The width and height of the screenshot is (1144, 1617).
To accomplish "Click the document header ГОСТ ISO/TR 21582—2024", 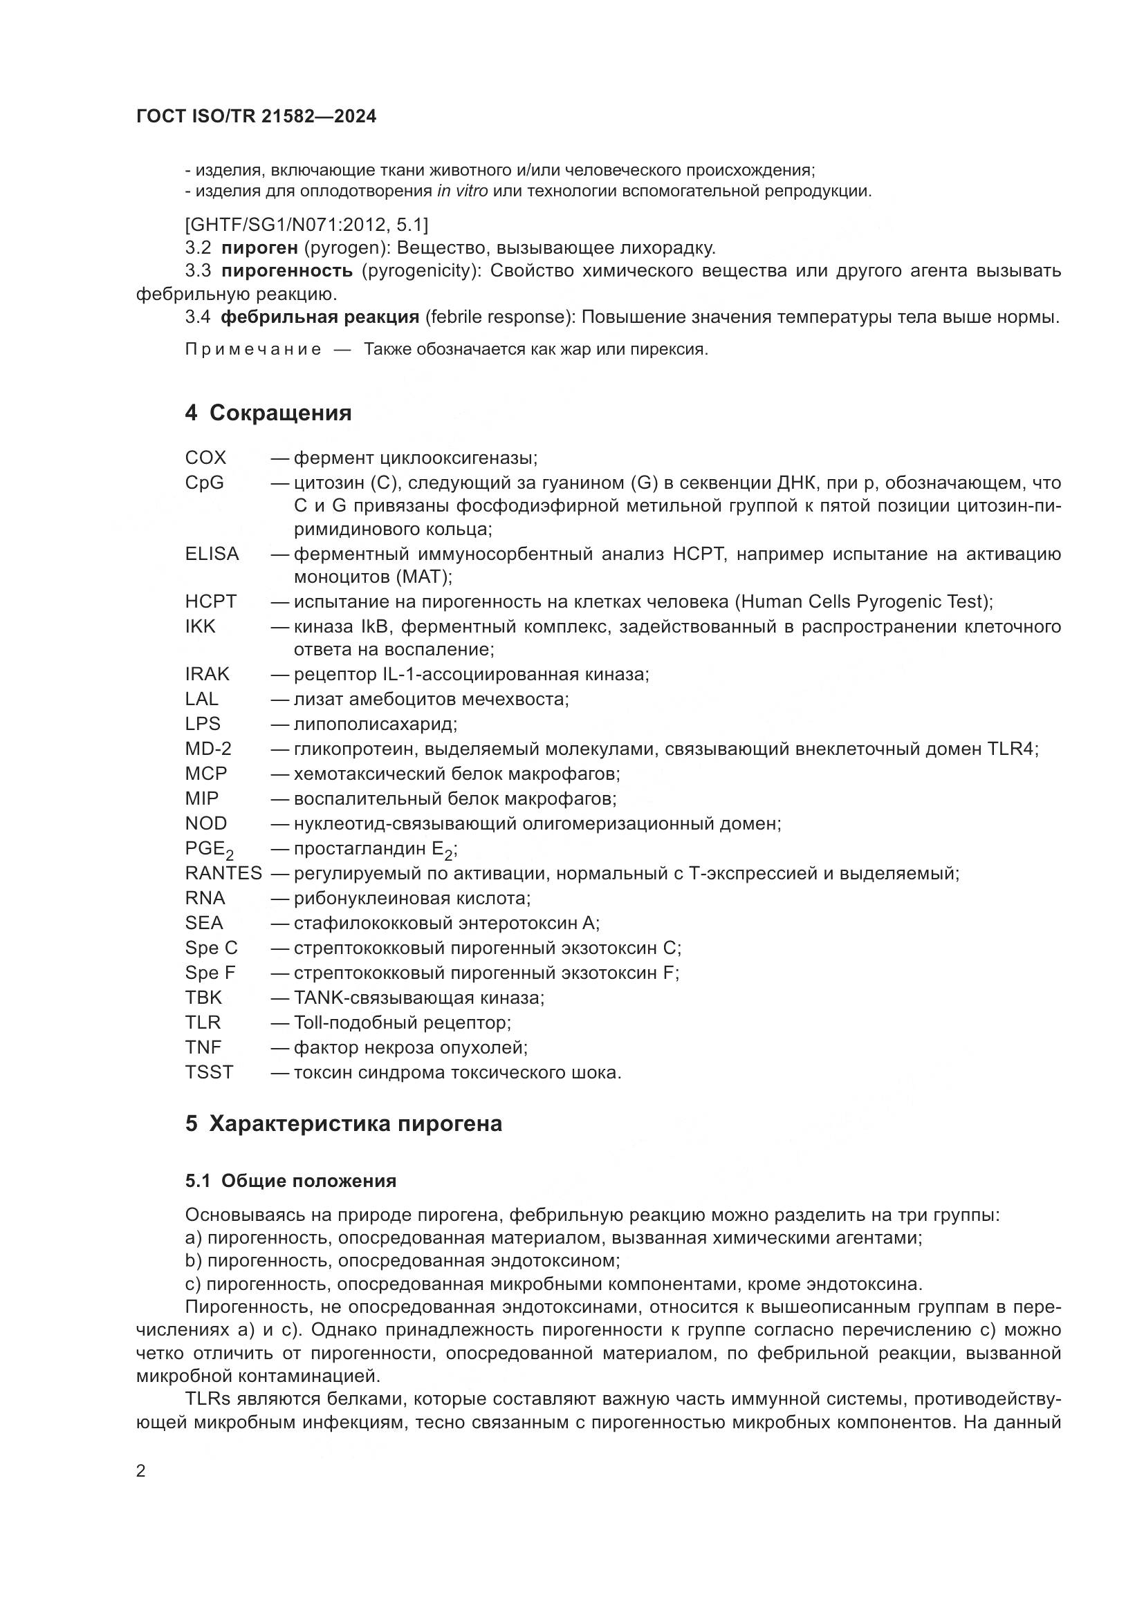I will click(x=257, y=117).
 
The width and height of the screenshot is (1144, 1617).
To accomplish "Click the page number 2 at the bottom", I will click(x=141, y=1471).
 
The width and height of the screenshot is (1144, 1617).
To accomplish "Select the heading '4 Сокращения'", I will click(x=268, y=413).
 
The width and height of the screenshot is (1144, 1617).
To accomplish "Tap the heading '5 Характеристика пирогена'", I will click(x=344, y=1123).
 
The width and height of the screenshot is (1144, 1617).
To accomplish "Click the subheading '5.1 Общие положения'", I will click(x=291, y=1181).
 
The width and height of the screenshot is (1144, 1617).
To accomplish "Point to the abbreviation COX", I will click(x=205, y=458).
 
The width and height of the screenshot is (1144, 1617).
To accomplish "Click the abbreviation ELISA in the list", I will click(x=212, y=554).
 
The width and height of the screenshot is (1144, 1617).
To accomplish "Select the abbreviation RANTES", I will click(x=223, y=873).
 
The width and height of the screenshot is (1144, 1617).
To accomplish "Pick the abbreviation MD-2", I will click(x=207, y=749).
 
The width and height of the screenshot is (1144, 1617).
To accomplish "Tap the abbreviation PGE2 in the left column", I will click(x=208, y=850).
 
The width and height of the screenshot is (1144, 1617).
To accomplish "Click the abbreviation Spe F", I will click(x=210, y=973).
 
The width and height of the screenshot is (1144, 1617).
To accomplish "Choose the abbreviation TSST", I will click(x=209, y=1073).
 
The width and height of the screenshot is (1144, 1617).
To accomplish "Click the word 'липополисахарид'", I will click(x=375, y=724).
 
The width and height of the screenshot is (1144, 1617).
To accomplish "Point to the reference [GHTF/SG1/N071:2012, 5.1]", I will click(x=306, y=225).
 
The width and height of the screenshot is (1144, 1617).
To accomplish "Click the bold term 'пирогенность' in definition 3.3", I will click(x=287, y=271).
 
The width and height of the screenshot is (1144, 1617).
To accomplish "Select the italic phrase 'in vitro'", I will click(x=462, y=191).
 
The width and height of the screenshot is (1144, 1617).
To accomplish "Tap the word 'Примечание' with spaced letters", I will click(x=254, y=350).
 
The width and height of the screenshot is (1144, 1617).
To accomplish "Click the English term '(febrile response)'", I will click(x=497, y=317).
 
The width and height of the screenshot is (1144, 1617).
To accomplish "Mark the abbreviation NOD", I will click(x=205, y=823).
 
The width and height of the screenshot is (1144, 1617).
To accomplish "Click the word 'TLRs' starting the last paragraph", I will click(x=207, y=1399).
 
